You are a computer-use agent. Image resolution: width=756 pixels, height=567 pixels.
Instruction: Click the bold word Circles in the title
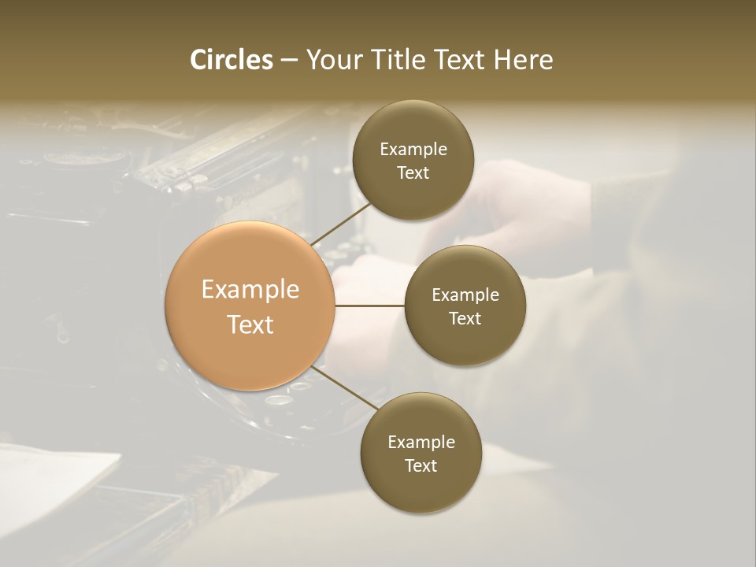pyautogui.click(x=231, y=60)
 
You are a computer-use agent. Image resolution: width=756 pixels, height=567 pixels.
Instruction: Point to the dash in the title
pyautogui.click(x=289, y=61)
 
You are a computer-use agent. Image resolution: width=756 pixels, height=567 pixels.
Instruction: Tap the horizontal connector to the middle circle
pyautogui.click(x=369, y=306)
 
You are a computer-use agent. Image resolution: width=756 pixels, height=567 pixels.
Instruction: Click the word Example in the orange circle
pyautogui.click(x=250, y=290)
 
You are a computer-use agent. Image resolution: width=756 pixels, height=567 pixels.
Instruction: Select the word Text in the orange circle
pyautogui.click(x=250, y=324)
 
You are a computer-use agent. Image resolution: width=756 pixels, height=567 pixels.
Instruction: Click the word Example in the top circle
pyautogui.click(x=413, y=150)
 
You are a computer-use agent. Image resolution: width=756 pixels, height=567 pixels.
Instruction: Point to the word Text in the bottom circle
pyautogui.click(x=421, y=465)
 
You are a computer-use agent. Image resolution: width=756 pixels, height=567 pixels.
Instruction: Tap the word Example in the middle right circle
pyautogui.click(x=465, y=295)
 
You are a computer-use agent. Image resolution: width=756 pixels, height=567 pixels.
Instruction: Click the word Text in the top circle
pyautogui.click(x=413, y=173)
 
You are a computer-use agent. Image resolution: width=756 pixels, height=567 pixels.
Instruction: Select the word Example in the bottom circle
pyautogui.click(x=421, y=442)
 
